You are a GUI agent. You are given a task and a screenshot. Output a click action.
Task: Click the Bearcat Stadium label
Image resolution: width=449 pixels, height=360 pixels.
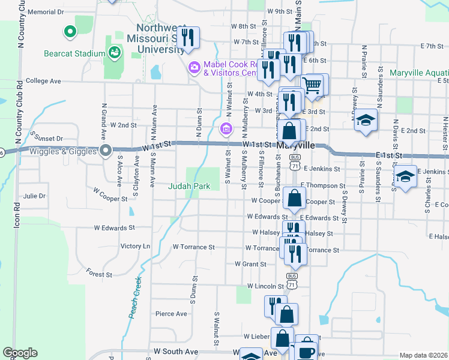click(74, 53)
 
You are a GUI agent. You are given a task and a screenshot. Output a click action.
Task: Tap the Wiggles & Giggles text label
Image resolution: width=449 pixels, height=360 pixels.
click(65, 151)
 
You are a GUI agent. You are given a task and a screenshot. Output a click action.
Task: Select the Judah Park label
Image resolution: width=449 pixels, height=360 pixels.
click(188, 186)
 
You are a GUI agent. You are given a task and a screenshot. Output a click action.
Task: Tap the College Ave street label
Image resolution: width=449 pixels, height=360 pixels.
click(43, 80)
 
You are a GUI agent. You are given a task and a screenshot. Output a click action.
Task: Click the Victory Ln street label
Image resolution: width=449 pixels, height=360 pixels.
click(135, 246)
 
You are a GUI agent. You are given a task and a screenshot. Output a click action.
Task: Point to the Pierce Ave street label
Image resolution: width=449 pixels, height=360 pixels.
click(171, 313)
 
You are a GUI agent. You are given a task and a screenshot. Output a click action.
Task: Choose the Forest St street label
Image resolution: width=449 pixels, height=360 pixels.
click(99, 274)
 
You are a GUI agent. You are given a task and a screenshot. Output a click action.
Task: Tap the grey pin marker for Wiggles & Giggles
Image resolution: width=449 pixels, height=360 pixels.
click(106, 151)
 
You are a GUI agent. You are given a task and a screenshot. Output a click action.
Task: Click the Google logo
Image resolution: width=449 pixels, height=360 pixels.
click(20, 353)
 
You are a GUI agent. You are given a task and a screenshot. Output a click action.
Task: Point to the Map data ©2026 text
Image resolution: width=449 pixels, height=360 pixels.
click(423, 355)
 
